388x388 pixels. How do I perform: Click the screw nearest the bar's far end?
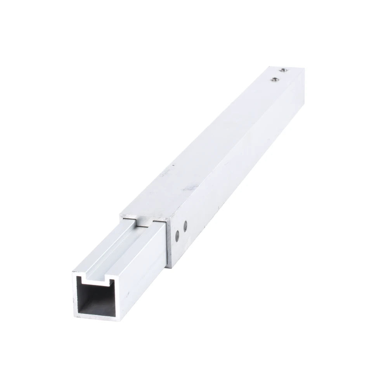(x=284, y=69)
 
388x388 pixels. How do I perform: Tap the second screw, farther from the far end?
(x=275, y=80)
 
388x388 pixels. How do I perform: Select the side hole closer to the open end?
(x=177, y=234)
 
